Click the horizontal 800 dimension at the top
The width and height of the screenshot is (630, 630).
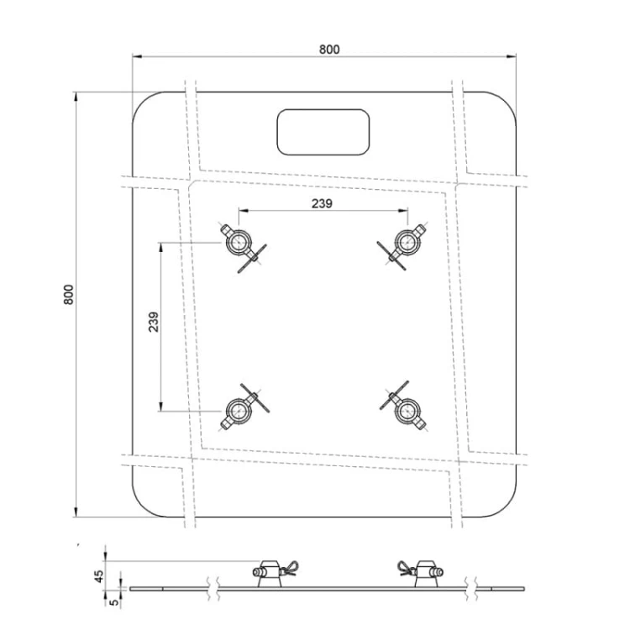coord(329,50)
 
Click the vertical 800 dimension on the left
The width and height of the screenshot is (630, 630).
coord(69,295)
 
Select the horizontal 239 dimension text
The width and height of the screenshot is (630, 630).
coord(322,204)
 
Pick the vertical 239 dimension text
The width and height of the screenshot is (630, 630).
coord(154,322)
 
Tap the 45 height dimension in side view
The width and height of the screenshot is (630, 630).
coord(99,575)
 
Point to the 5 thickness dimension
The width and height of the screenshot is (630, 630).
coord(114,602)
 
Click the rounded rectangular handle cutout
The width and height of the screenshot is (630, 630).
coord(323,132)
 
